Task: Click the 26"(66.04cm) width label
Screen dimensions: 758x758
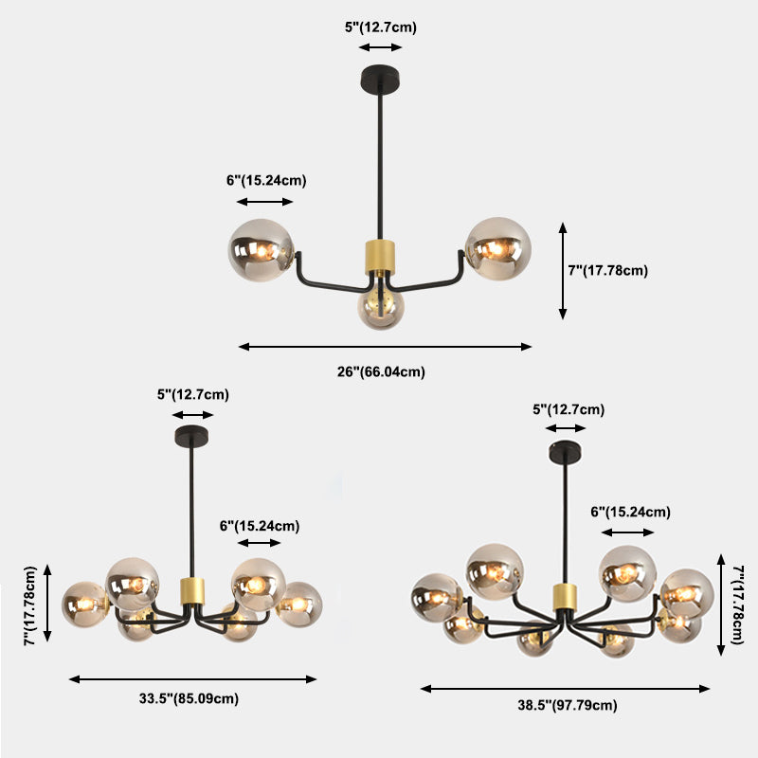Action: [x=381, y=371]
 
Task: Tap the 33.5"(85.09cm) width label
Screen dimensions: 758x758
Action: [x=189, y=699]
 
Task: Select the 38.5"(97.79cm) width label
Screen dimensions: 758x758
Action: [x=568, y=704]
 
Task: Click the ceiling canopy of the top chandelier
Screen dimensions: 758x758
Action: [x=380, y=74]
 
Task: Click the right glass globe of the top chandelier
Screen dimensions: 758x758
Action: [x=497, y=248]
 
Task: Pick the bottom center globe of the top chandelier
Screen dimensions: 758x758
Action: [x=381, y=306]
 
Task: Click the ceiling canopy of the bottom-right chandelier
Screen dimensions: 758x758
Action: [x=567, y=453]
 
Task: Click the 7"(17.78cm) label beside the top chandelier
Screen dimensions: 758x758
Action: [x=607, y=270]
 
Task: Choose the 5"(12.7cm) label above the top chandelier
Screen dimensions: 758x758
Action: [x=380, y=27]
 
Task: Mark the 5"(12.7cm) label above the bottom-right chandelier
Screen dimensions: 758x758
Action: [x=568, y=410]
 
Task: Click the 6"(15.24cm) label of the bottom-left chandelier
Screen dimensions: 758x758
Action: [x=259, y=526]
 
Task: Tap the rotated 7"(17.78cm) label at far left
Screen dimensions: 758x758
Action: [x=31, y=606]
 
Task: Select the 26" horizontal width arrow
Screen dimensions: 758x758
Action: [x=385, y=347]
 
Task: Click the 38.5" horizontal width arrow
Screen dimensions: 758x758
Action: [x=566, y=689]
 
